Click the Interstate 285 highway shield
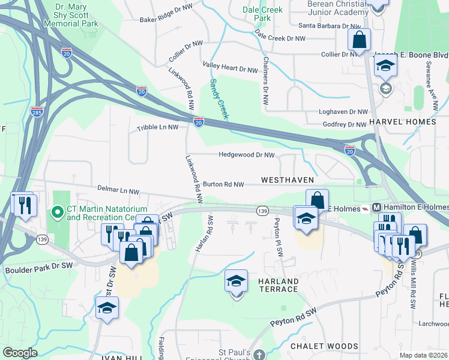coord(36,112)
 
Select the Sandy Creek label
coord(218,99)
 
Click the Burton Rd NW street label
coord(223,185)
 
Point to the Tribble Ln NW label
coord(158,128)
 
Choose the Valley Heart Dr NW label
coord(230,70)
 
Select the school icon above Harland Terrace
coord(236,281)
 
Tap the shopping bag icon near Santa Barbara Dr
coord(360,40)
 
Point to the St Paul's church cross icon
coord(258,355)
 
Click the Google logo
coord(20,353)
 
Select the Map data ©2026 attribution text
coord(423,355)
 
